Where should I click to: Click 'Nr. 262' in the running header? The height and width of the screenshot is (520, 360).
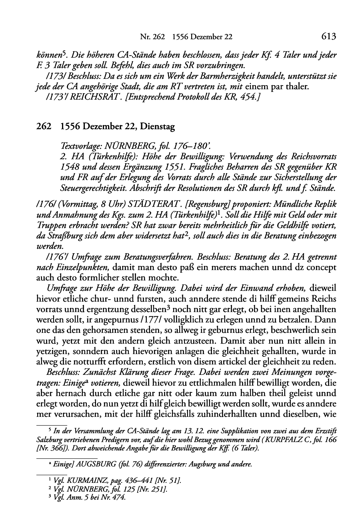152,37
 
